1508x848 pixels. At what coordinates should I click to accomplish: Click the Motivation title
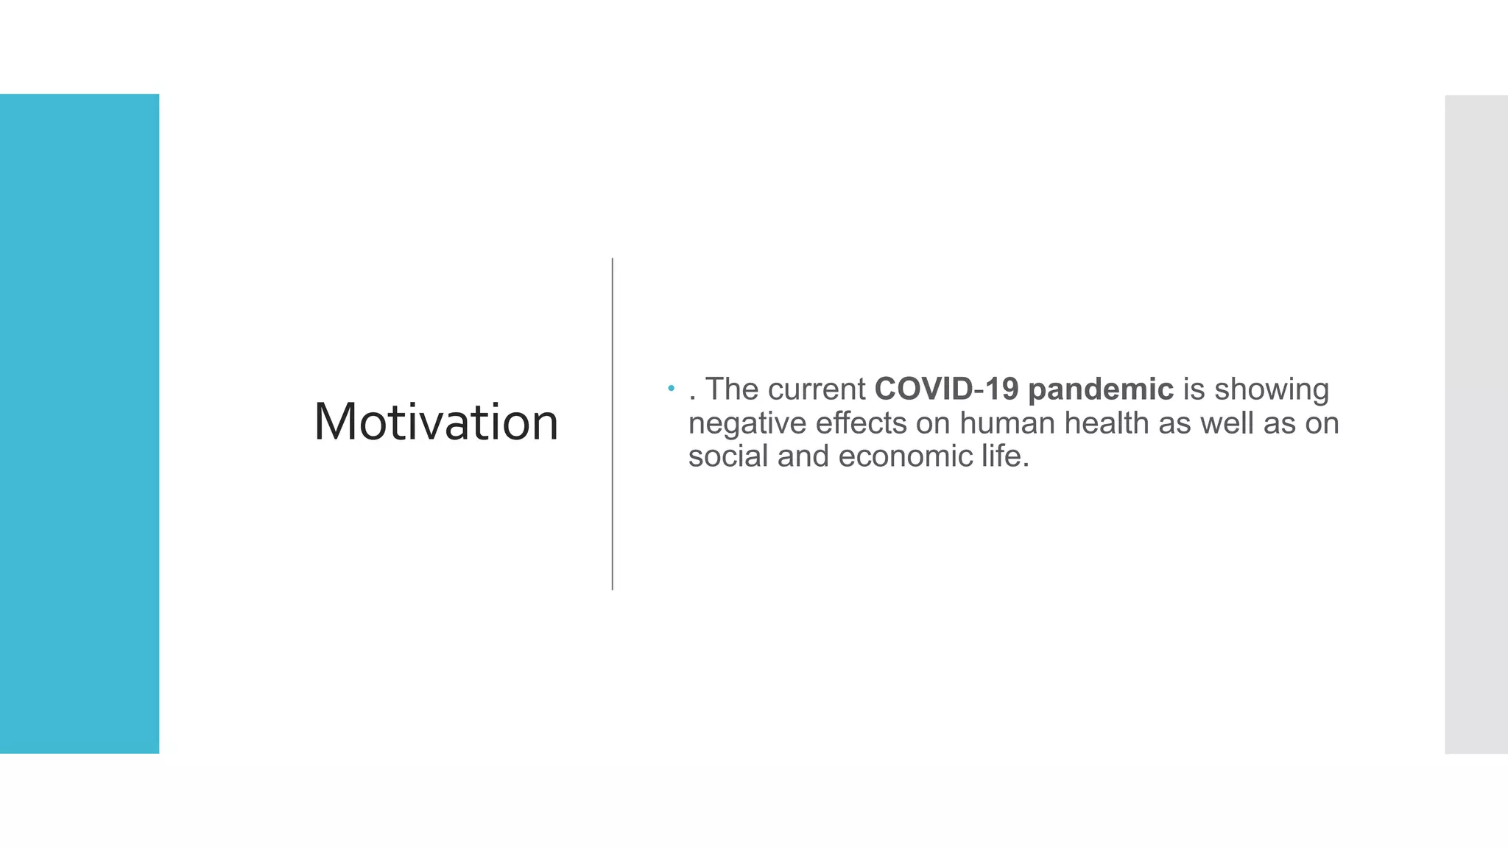[436, 423]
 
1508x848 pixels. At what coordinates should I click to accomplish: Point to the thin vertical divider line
[612, 424]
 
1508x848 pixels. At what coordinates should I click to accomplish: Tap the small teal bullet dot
[671, 388]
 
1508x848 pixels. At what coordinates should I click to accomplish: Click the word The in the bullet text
[732, 389]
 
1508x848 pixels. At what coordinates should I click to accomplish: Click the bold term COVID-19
[946, 389]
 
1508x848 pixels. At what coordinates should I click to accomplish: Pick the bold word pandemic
[1100, 389]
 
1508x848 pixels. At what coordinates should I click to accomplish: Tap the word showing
[1271, 389]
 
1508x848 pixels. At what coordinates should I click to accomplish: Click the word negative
[747, 423]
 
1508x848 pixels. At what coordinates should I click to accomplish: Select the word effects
[861, 423]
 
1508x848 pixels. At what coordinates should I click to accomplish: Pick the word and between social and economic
[803, 456]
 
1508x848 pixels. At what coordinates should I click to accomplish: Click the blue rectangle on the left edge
[80, 423]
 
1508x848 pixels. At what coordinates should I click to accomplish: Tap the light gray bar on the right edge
[1476, 424]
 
